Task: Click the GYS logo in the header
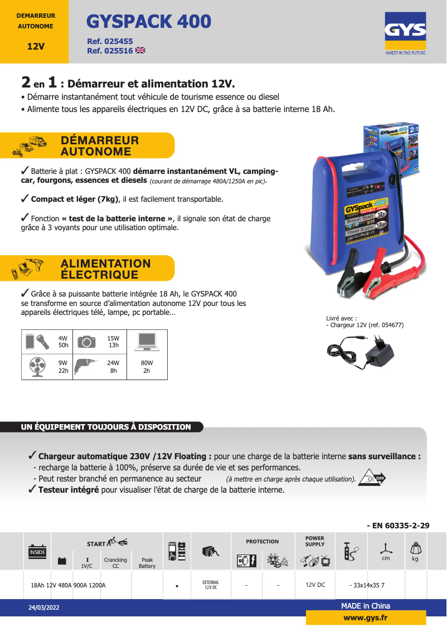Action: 405,35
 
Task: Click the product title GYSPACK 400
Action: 149,22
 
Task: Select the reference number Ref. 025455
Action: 110,41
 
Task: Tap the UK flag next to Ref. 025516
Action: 140,51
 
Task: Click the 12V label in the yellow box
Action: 36,47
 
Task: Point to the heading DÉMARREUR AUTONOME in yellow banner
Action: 100,146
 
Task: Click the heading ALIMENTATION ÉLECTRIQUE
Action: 105,269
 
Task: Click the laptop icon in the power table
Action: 147,341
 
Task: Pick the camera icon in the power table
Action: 86,341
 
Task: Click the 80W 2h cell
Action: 147,367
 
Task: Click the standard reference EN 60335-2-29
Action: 398,526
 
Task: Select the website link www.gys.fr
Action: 366,618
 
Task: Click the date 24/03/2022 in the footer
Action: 43,607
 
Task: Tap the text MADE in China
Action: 365,606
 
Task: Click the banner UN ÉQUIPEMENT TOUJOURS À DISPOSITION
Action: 106,427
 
